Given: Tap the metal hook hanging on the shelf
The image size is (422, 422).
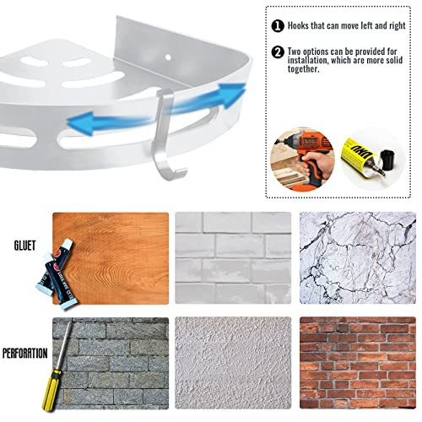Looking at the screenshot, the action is pos(166,135).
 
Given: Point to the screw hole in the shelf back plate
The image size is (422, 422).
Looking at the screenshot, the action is pos(168,57).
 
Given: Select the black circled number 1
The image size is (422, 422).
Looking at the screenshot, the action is pos(278,26).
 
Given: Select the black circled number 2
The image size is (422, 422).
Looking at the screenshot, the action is pos(278,52).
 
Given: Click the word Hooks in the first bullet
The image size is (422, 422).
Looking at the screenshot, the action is pos(299,25).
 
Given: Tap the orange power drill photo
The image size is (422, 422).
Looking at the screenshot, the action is pos(302,160).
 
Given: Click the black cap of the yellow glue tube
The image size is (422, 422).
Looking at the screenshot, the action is pos(387,160).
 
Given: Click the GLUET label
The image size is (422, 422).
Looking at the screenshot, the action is pos(25,246).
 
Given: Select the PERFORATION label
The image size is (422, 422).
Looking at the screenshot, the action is pos(25,354).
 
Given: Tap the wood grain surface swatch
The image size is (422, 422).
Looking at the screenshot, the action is pos(111,258).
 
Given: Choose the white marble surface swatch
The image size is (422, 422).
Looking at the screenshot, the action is pos(358,258).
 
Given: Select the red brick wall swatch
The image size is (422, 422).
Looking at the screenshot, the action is pos(358,363).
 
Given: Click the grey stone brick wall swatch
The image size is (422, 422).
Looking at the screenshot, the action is pos(111,363).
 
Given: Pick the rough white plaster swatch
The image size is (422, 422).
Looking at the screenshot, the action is pos(233,363).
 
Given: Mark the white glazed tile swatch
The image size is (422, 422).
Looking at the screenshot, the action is pos(233,258).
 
